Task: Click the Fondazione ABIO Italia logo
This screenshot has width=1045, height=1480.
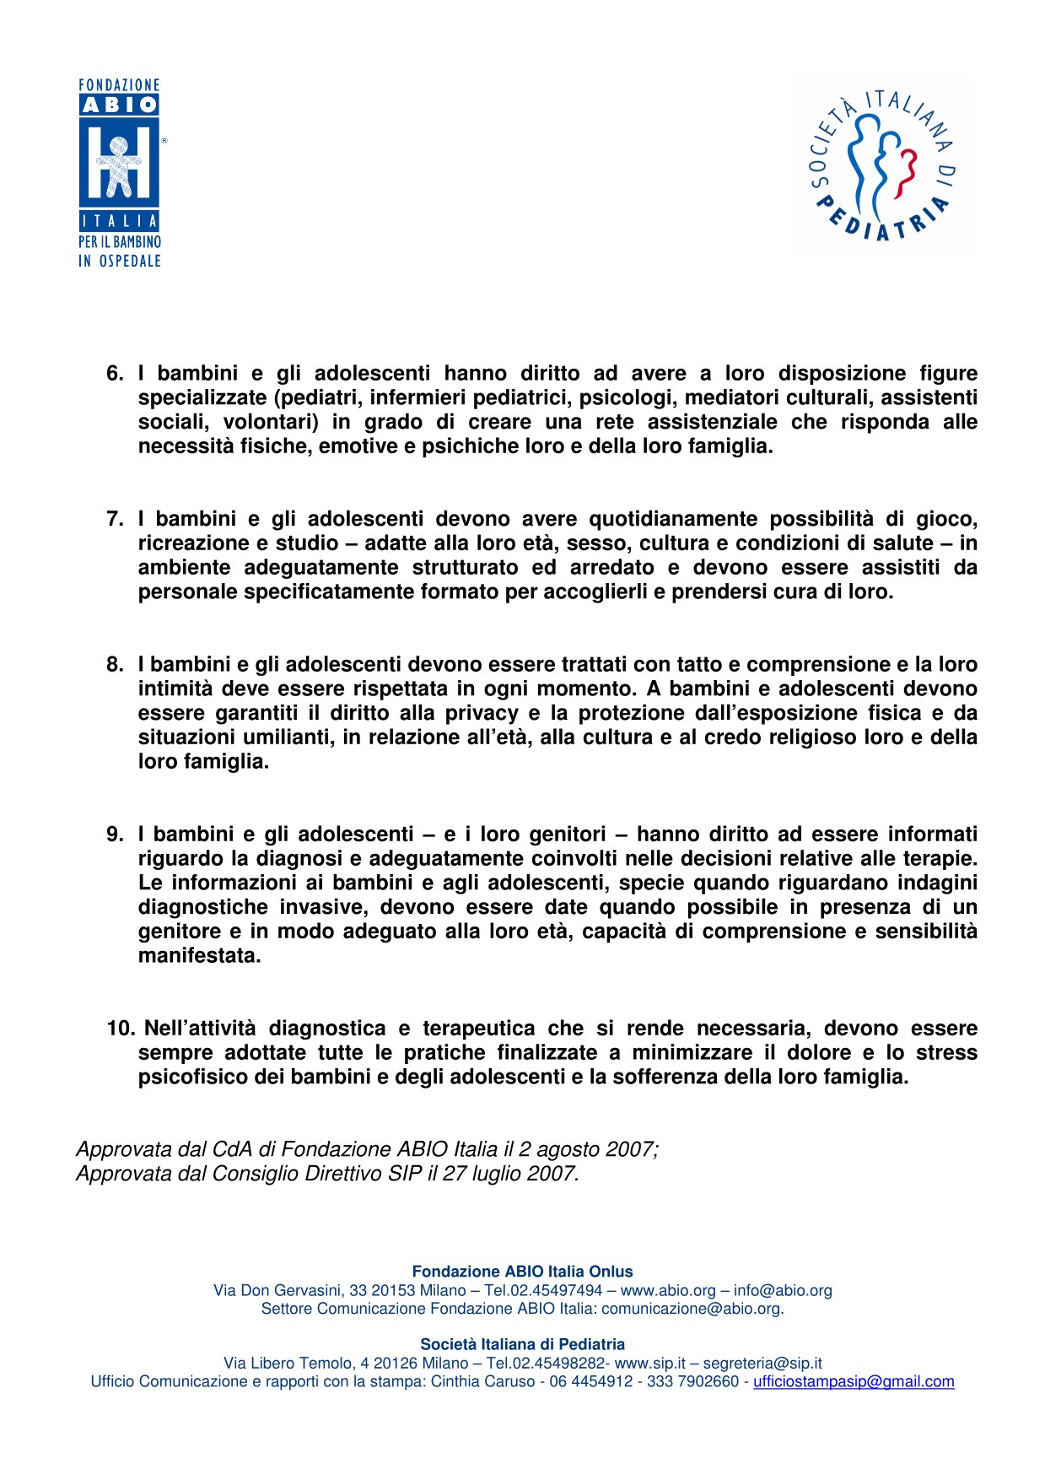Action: point(119,173)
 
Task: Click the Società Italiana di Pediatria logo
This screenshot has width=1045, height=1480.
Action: point(881,165)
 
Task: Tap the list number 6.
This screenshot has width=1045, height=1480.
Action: point(115,373)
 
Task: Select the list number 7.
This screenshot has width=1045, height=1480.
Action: point(115,519)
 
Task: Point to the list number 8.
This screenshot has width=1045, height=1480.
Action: point(115,665)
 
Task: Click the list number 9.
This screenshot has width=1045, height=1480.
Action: point(115,835)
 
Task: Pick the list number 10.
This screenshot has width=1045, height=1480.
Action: point(121,1029)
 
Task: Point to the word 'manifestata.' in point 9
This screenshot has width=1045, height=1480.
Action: point(200,956)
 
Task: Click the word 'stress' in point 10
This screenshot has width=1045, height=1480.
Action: point(946,1053)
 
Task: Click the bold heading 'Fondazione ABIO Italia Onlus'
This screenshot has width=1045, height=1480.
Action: point(522,1272)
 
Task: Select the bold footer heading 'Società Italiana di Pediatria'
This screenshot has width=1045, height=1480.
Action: point(522,1344)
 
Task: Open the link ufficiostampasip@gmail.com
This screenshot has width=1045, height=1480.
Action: point(854,1381)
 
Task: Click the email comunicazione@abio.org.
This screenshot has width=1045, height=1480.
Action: point(692,1309)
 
